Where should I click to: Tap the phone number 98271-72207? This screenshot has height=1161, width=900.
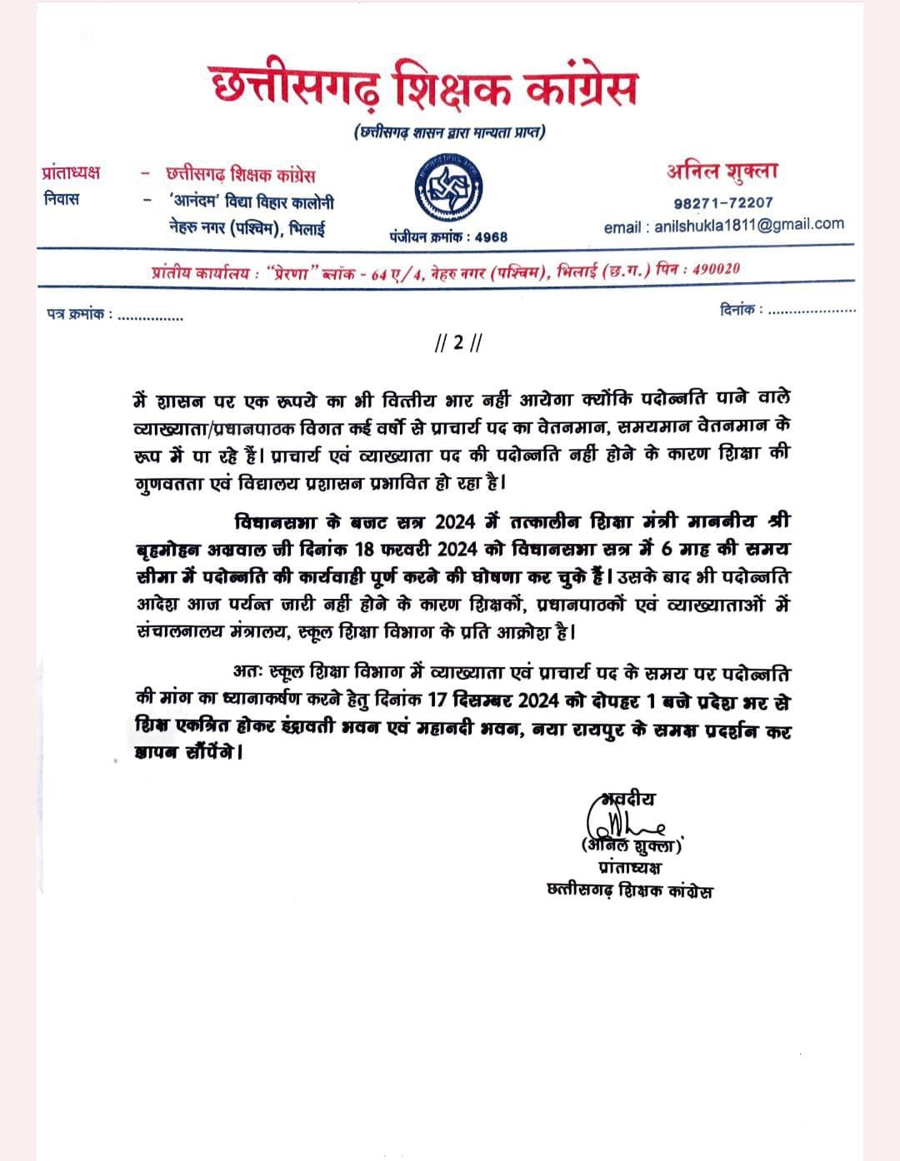point(722,202)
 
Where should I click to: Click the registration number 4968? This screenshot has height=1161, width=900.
point(491,237)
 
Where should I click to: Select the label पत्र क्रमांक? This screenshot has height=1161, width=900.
point(79,315)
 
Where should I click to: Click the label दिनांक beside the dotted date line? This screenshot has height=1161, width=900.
point(739,309)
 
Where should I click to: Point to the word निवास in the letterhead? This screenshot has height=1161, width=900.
point(62,200)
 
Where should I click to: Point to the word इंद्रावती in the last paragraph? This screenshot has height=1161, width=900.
point(287,730)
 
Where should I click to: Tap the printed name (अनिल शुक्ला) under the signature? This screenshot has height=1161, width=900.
point(631,845)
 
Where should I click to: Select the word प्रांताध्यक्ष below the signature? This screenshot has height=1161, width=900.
point(630,868)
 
